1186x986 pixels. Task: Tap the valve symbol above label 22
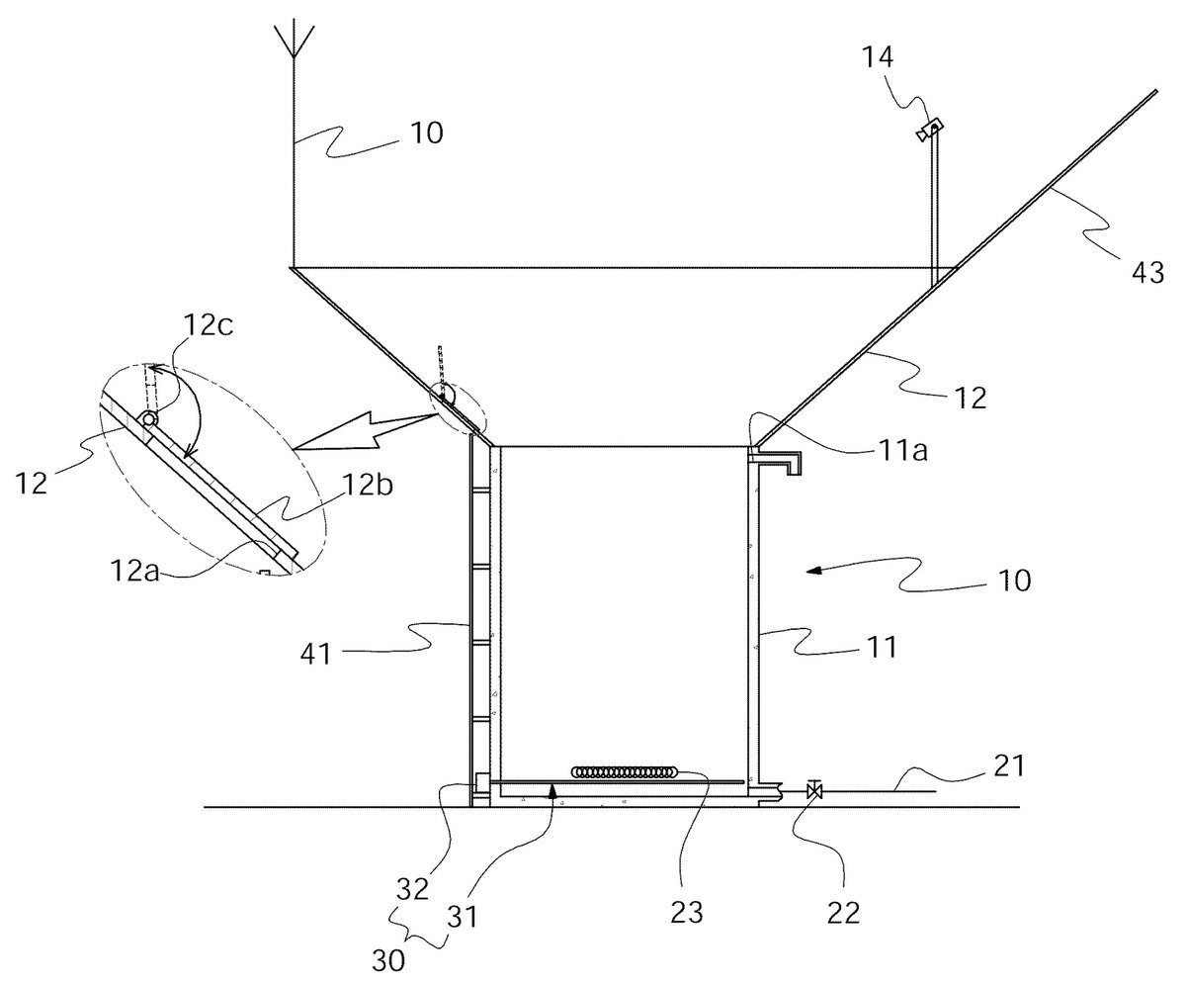[815, 790]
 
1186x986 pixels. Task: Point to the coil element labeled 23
[624, 771]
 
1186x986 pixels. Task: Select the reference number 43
[1147, 273]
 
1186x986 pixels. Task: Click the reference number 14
[878, 57]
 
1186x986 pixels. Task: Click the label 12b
[368, 486]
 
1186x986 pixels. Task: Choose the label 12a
[134, 571]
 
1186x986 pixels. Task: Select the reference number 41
[316, 654]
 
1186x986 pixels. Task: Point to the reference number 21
[1008, 765]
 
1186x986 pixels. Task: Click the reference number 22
[843, 914]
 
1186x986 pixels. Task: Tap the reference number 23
[687, 913]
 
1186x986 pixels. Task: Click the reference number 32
[412, 889]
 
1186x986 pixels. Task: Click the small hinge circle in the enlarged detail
[149, 419]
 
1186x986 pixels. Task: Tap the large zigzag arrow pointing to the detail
[364, 432]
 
